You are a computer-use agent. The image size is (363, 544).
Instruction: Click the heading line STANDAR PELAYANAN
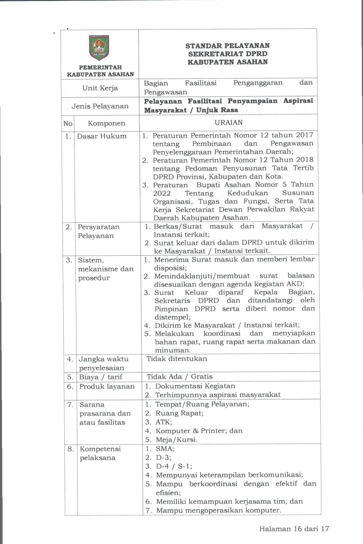(227, 46)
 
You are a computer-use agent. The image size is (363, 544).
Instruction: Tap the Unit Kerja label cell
(100, 88)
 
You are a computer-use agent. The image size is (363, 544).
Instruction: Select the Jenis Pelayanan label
(100, 106)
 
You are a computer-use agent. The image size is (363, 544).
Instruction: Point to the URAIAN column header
(229, 123)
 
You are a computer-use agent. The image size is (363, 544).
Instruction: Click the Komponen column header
(106, 124)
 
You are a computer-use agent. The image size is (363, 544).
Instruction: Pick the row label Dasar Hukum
(102, 136)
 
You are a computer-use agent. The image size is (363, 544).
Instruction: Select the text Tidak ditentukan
(177, 359)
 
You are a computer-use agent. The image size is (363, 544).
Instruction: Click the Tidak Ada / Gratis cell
(180, 377)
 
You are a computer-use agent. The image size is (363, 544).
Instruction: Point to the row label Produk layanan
(107, 387)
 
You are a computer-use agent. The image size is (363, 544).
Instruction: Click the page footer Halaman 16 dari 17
(294, 529)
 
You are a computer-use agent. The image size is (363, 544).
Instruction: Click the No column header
(68, 124)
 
